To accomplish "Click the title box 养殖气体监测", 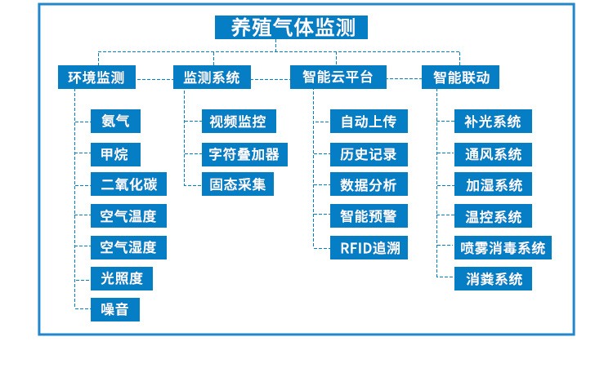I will [x=291, y=28].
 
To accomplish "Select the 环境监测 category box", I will [x=96, y=78].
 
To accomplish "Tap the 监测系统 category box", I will [x=212, y=78].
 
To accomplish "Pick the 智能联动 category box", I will [x=460, y=78].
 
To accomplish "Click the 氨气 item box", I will [x=115, y=122].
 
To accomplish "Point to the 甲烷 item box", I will [x=115, y=153].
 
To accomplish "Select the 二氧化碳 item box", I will [x=129, y=184].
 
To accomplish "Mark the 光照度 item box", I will [x=122, y=278].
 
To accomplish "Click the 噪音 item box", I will [x=115, y=309].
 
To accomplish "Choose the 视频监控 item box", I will [x=238, y=122].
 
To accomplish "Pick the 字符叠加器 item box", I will [x=244, y=153].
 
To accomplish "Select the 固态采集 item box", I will [x=238, y=184].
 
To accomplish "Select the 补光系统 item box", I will [x=494, y=122].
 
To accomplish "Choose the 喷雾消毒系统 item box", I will [x=503, y=247].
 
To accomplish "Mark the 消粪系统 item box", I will [x=494, y=278].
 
